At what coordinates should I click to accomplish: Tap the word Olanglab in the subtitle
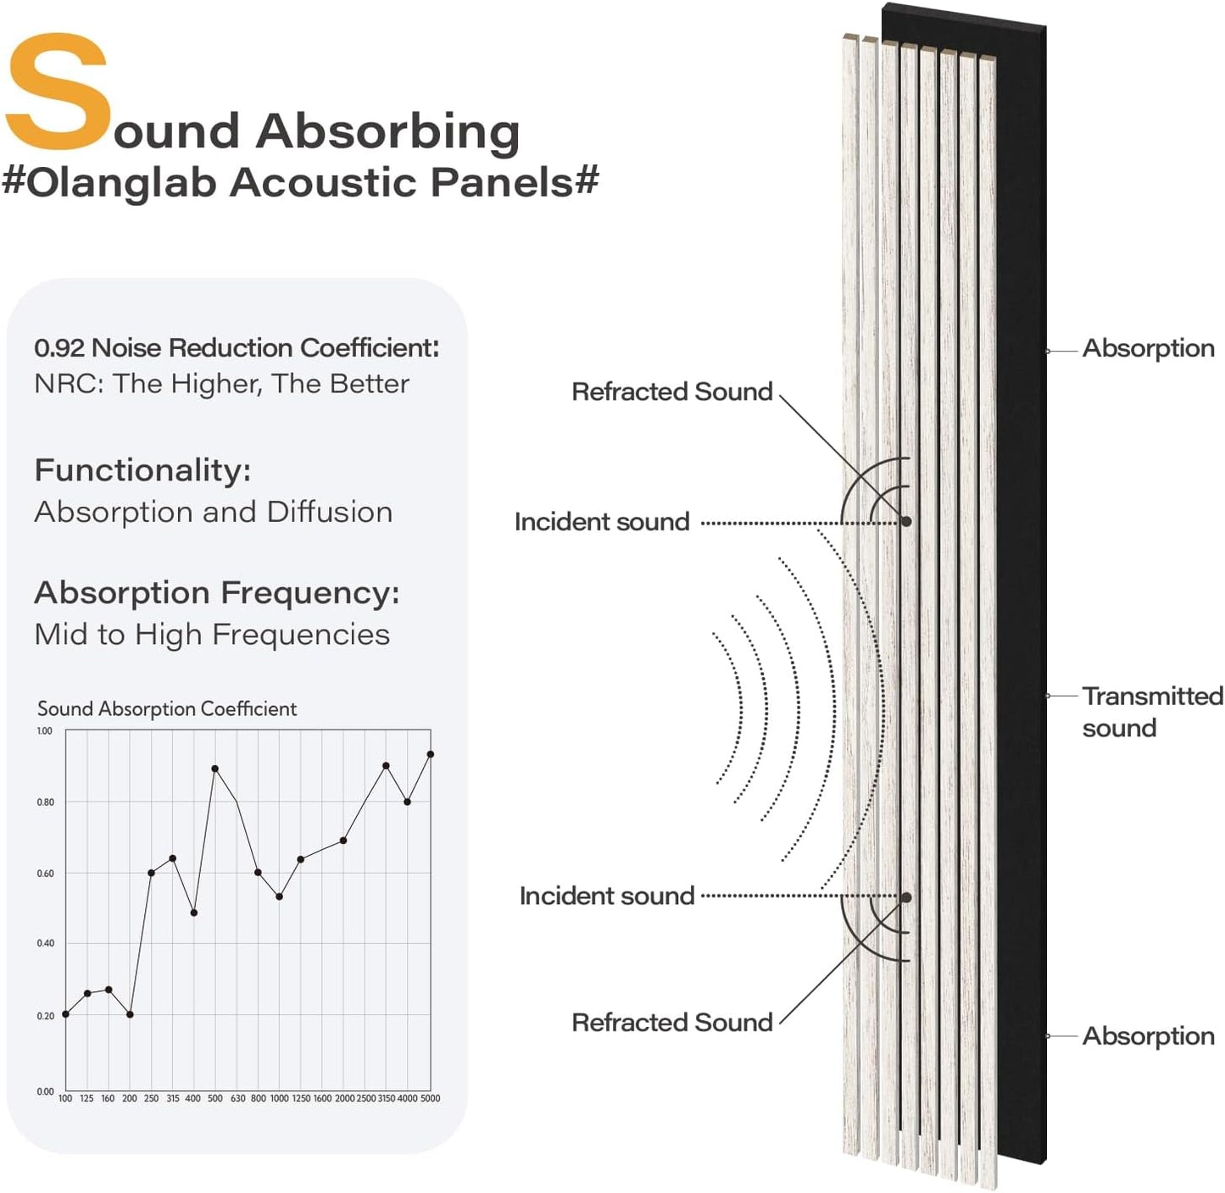click(x=122, y=182)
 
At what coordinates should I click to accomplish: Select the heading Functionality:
click(x=142, y=469)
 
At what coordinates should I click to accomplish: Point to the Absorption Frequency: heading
click(x=216, y=592)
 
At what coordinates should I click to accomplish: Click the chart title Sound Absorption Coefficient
click(x=167, y=708)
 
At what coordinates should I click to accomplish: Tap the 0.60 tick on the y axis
click(x=45, y=873)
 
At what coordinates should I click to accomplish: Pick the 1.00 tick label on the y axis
click(x=44, y=730)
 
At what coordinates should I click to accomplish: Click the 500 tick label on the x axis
click(x=215, y=1098)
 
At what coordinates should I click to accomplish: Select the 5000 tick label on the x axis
click(x=431, y=1098)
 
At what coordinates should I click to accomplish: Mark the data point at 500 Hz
click(x=215, y=769)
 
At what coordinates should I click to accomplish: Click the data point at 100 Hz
click(x=65, y=1014)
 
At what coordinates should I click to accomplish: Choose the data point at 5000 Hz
click(x=431, y=754)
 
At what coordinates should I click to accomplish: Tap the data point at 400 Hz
click(x=194, y=913)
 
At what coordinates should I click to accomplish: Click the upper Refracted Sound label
click(x=671, y=391)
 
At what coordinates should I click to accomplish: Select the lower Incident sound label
click(x=606, y=896)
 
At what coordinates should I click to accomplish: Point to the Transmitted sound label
click(x=1151, y=712)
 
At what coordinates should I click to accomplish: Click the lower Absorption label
click(x=1148, y=1035)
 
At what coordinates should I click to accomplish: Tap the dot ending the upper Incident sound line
click(x=906, y=521)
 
